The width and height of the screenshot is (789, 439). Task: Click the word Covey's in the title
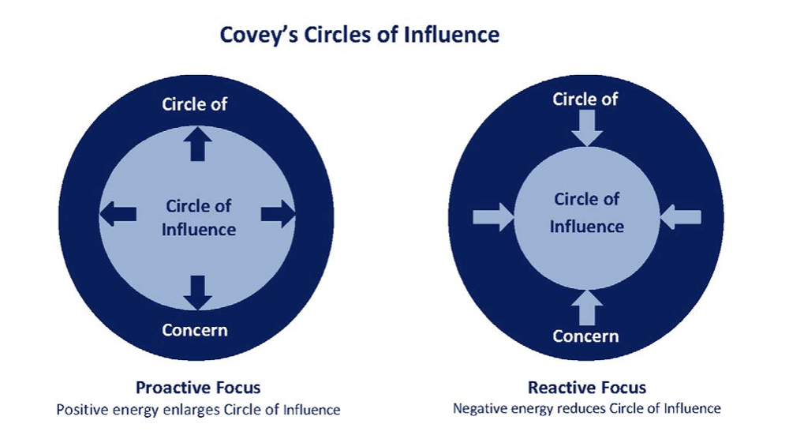pyautogui.click(x=251, y=36)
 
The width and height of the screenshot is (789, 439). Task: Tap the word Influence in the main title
pyautogui.click(x=454, y=36)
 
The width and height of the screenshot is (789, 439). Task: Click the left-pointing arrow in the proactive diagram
pyautogui.click(x=118, y=213)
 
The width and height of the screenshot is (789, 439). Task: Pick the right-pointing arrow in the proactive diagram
pyautogui.click(x=277, y=213)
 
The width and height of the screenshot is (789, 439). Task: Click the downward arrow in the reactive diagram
pyautogui.click(x=586, y=127)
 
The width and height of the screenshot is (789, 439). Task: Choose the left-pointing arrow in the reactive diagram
pyautogui.click(x=680, y=216)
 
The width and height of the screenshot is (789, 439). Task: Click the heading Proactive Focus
pyautogui.click(x=198, y=388)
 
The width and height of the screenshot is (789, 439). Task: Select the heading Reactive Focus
pyautogui.click(x=587, y=388)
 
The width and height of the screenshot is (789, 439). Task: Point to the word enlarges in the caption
pyautogui.click(x=195, y=410)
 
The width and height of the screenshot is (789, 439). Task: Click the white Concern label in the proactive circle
pyautogui.click(x=195, y=329)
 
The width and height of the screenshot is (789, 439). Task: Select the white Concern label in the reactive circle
pyautogui.click(x=585, y=336)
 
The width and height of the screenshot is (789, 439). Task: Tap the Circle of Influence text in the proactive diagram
pyautogui.click(x=199, y=218)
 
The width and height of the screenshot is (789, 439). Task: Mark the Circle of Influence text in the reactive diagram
pyautogui.click(x=586, y=213)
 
